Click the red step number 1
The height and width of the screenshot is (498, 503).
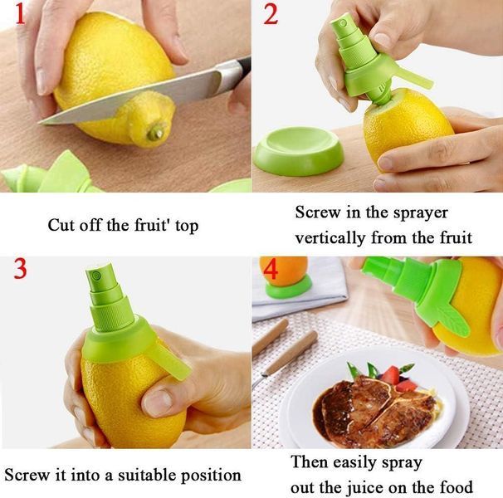(20, 13)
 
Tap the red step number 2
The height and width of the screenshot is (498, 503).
(271, 15)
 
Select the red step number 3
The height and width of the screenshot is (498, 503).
(20, 268)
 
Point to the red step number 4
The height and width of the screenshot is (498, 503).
(271, 269)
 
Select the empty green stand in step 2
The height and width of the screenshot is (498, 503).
(298, 151)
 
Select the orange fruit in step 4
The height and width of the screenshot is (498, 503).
(284, 271)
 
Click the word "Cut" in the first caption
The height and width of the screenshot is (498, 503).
(61, 225)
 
